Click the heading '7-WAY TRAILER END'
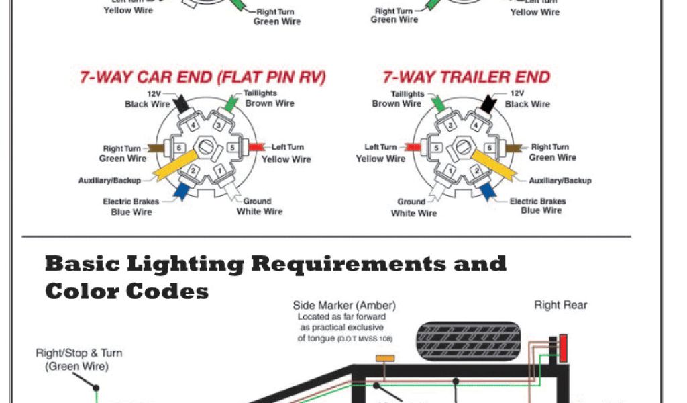pos(466,77)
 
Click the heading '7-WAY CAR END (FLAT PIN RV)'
pos(203,77)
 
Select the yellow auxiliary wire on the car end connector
pos(172,165)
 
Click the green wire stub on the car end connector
pos(230,103)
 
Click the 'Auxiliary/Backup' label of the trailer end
pos(560,181)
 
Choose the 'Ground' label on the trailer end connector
pos(411,201)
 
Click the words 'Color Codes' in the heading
pos(127,291)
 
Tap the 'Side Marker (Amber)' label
pos(344,305)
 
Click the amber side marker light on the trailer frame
pos(384,359)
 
